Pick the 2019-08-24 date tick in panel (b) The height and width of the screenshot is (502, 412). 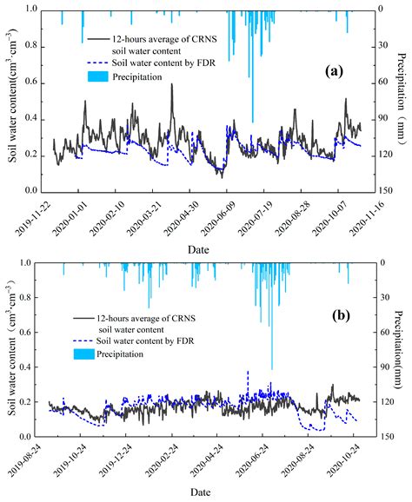36,460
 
